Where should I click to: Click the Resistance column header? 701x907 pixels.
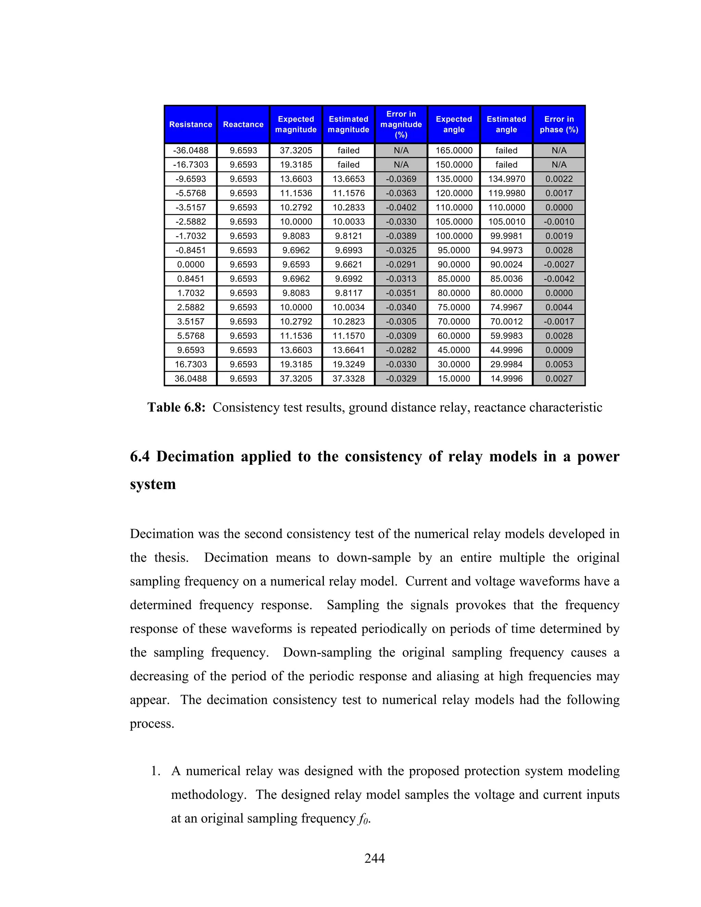pyautogui.click(x=191, y=124)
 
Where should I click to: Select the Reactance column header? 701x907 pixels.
pyautogui.click(x=243, y=124)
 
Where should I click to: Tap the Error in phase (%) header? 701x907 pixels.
pyautogui.click(x=559, y=124)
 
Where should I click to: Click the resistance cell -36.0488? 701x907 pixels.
pyautogui.click(x=191, y=150)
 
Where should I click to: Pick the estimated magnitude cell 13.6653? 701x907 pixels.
pyautogui.click(x=348, y=179)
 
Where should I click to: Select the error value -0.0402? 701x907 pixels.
pyautogui.click(x=401, y=207)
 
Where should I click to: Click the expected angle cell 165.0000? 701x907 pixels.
pyautogui.click(x=454, y=150)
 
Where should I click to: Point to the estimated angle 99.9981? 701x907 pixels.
pyautogui.click(x=506, y=236)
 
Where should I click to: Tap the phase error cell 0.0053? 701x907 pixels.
pyautogui.click(x=559, y=364)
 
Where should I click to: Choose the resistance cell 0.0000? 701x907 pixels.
pyautogui.click(x=191, y=265)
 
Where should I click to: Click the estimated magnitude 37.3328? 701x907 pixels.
pyautogui.click(x=348, y=378)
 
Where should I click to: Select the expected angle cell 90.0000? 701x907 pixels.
pyautogui.click(x=454, y=265)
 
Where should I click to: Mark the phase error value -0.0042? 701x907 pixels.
pyautogui.click(x=559, y=279)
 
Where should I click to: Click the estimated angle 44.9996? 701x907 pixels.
pyautogui.click(x=506, y=350)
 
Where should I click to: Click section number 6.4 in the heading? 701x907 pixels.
pyautogui.click(x=140, y=456)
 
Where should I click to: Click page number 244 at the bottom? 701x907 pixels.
pyautogui.click(x=374, y=858)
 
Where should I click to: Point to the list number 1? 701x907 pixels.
pyautogui.click(x=155, y=771)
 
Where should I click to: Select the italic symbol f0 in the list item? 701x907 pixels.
pyautogui.click(x=363, y=819)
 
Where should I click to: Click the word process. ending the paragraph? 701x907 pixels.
pyautogui.click(x=152, y=724)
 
